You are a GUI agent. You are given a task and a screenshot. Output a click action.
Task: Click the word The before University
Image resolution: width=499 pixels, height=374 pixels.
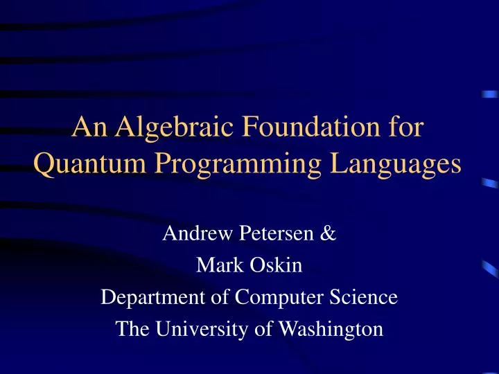(x=132, y=329)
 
